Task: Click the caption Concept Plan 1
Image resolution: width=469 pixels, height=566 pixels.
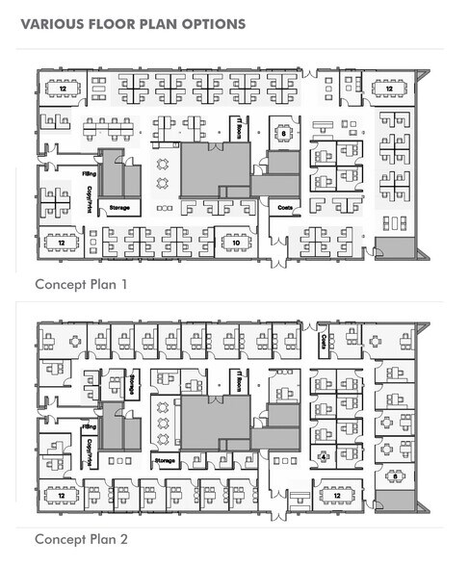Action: click(81, 285)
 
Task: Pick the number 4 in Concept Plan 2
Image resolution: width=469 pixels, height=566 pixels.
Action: click(324, 455)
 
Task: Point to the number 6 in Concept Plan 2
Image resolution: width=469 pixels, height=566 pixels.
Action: click(394, 475)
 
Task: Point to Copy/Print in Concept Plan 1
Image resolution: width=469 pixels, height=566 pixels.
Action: click(88, 192)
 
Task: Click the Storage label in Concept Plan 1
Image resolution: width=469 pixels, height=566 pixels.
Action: click(119, 207)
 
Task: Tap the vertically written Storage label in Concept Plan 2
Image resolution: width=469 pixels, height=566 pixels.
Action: click(129, 384)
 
